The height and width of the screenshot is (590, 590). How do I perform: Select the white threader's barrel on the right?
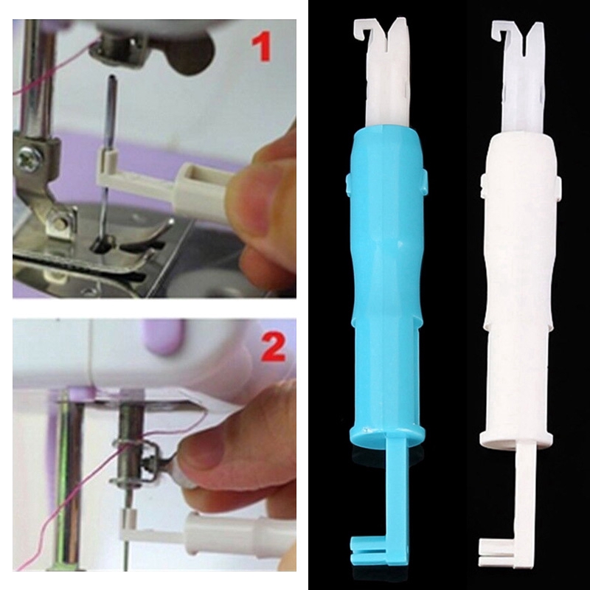click(521, 280)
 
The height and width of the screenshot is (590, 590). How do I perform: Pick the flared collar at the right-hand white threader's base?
click(518, 440)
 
